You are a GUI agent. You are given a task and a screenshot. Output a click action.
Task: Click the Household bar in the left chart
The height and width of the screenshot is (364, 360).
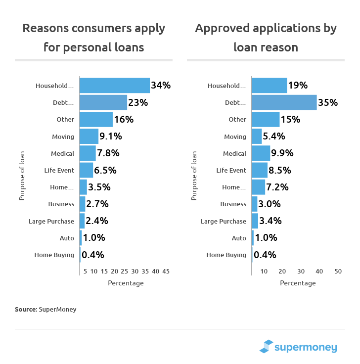tap(114, 86)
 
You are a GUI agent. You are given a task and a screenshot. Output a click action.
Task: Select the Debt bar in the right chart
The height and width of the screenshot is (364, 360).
tap(284, 102)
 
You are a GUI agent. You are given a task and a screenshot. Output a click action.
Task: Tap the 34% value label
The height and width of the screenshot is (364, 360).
tap(161, 86)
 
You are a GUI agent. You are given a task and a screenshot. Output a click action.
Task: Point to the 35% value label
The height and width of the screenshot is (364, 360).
tap(328, 102)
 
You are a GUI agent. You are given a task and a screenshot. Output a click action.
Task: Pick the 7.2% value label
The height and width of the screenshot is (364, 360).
tap(278, 187)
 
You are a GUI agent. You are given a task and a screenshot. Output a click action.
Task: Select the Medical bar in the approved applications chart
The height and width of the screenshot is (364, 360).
tap(261, 153)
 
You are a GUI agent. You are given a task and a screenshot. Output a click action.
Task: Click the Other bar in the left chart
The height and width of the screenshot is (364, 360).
tap(96, 119)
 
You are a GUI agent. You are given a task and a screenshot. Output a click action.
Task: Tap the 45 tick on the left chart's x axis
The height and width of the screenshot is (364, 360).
tap(166, 272)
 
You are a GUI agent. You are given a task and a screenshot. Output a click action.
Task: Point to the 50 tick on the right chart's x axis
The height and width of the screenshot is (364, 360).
tap(338, 272)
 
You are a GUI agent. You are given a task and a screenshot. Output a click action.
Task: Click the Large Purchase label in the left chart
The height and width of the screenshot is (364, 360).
tap(51, 221)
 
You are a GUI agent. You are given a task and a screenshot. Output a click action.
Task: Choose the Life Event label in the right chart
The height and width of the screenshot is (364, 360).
tap(231, 170)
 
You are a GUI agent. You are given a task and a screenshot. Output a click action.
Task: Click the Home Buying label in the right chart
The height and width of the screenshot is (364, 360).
tap(226, 255)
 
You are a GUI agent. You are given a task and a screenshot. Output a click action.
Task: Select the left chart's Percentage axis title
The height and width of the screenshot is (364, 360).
tap(126, 283)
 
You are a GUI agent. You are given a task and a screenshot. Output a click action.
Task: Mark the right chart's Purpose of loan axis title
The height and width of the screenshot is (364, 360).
tap(194, 176)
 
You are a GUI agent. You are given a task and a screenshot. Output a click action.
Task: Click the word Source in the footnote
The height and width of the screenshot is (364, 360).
tap(26, 309)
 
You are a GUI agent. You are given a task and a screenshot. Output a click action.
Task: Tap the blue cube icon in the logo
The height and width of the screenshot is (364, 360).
tap(267, 347)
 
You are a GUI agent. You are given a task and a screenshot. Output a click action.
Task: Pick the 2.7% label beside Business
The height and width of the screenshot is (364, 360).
tap(97, 204)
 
